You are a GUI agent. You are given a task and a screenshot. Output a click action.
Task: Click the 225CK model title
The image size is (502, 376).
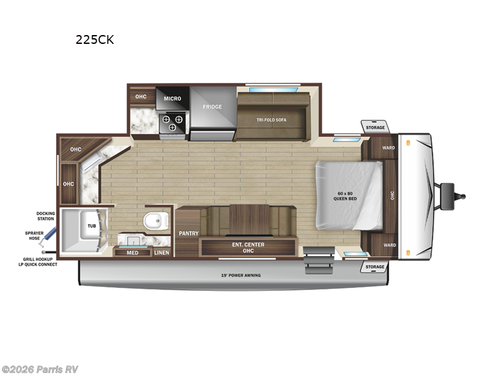click(95, 39)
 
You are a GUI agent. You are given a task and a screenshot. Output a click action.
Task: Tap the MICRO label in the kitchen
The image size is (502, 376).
click(173, 98)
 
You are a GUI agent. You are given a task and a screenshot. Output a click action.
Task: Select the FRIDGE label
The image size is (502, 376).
click(212, 107)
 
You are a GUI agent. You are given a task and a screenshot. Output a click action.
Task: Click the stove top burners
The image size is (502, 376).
click(173, 119)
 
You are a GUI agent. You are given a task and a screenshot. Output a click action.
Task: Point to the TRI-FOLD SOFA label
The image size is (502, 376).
click(271, 119)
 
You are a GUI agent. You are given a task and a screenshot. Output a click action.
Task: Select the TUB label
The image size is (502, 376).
click(92, 226)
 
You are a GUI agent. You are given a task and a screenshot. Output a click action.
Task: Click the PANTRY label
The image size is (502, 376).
click(188, 233)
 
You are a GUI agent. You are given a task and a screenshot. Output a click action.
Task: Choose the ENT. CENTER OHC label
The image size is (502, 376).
click(248, 248)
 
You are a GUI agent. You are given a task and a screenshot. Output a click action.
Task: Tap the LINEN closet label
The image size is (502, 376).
click(161, 253)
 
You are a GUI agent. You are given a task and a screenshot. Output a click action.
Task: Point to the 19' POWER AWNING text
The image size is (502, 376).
click(241, 275)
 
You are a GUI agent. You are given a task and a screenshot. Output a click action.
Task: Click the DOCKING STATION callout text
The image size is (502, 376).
click(45, 216)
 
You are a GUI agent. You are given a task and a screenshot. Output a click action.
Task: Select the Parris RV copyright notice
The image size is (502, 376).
click(40, 369)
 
